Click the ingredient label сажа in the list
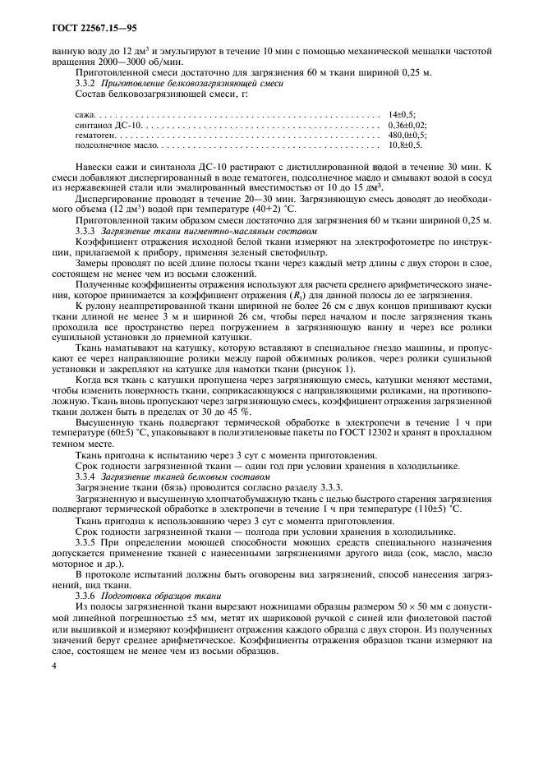pos(83,113)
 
